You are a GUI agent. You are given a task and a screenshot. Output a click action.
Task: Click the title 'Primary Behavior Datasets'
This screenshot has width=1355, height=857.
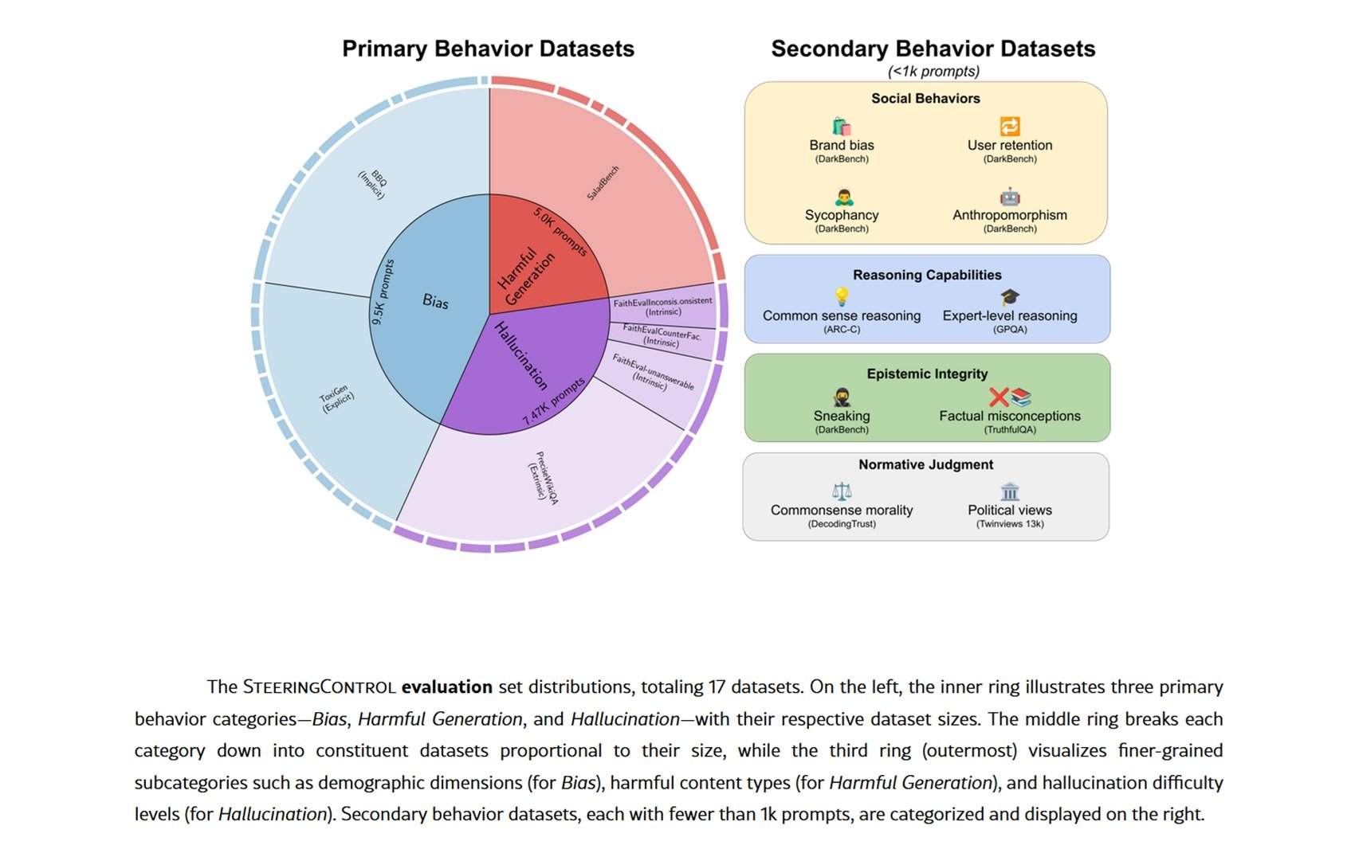pos(488,49)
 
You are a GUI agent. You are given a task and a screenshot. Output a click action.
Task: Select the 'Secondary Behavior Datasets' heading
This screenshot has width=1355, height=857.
pos(933,49)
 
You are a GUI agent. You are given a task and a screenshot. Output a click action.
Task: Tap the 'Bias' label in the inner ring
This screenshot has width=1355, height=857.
pos(435,301)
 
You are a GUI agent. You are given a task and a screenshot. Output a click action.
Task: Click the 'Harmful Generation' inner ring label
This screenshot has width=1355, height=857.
pos(525,277)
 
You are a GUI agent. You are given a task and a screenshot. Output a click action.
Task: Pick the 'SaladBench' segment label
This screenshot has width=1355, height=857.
pos(603,182)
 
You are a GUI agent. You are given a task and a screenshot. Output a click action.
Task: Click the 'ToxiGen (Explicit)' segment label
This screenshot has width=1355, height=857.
pos(336,398)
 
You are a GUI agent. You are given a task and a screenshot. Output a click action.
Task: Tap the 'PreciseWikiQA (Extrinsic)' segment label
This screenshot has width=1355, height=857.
pos(544,478)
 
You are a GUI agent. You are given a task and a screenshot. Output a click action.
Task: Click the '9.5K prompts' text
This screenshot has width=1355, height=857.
pos(383,292)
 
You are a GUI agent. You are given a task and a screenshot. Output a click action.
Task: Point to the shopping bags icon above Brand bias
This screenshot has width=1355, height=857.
pos(842,127)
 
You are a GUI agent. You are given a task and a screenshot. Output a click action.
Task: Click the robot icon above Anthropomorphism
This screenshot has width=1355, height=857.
pos(1010,197)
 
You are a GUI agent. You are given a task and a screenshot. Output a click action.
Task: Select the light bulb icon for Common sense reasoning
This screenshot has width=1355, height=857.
pos(842,297)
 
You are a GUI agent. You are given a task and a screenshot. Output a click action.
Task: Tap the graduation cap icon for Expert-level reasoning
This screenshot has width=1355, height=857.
pos(1010,297)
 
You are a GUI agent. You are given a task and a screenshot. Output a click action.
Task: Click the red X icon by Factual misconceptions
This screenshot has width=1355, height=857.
pos(999,397)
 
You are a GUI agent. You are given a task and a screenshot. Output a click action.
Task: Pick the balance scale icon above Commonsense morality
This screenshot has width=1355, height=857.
pos(842,491)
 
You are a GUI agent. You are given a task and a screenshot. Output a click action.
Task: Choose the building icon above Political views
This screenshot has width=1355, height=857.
pos(1010,491)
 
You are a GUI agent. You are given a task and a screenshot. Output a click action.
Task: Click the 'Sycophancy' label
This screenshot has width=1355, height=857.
pos(842,215)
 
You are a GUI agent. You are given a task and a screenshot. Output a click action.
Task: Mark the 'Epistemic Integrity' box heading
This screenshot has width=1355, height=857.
pos(927,374)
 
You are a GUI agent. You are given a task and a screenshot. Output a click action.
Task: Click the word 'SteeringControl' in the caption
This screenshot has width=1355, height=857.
pos(319,687)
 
